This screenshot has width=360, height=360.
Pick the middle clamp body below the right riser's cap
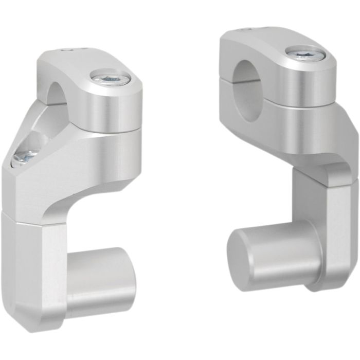pos(288,129)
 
